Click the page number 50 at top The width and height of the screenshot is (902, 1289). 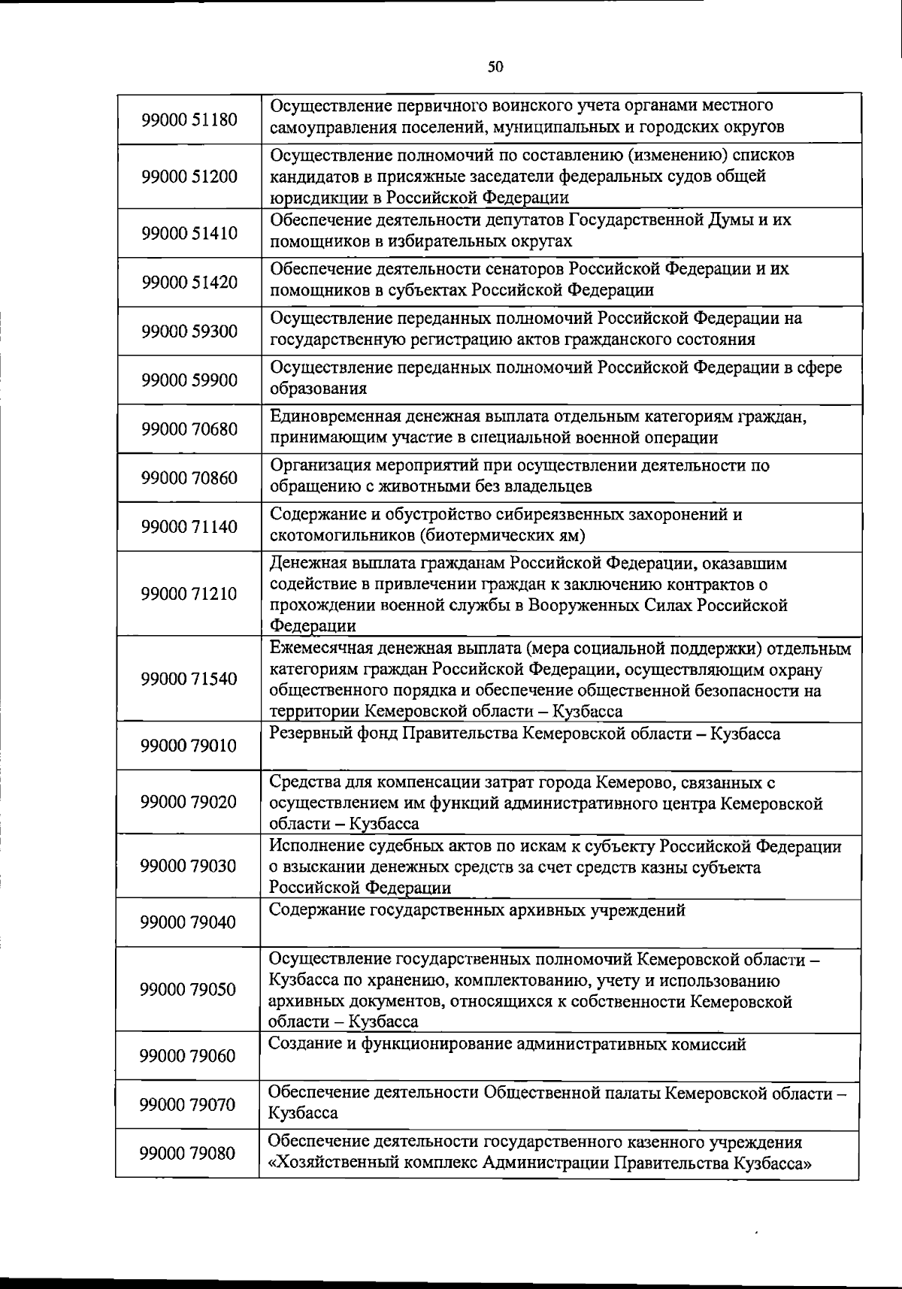[x=495, y=67]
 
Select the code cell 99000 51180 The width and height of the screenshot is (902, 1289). [x=189, y=120]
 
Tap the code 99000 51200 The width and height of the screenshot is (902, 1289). [x=189, y=177]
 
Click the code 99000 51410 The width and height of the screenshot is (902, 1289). [x=189, y=233]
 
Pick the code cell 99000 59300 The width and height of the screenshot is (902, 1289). [x=189, y=331]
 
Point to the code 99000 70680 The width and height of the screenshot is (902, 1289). [x=189, y=429]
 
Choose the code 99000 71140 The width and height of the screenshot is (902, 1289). [x=189, y=527]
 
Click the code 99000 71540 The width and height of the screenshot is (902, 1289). [x=189, y=679]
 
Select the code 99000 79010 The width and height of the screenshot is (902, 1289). [x=189, y=746]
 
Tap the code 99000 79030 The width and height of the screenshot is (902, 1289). [x=189, y=867]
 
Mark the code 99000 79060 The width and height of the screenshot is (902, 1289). [x=189, y=1057]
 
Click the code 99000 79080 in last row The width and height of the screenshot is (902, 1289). [x=189, y=1154]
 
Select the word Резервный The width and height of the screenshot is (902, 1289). [x=309, y=734]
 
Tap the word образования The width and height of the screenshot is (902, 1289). [x=318, y=389]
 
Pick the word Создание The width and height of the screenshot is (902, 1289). [x=304, y=1045]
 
